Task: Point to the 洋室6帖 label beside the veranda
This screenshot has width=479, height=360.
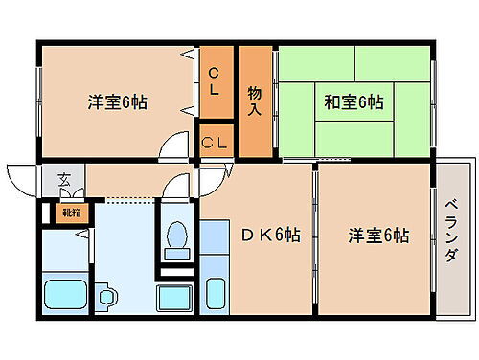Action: click(x=378, y=236)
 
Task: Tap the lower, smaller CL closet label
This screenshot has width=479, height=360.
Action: click(x=215, y=143)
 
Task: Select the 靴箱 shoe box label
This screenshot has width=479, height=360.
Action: click(x=71, y=213)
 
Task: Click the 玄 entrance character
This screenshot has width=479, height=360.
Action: click(x=63, y=177)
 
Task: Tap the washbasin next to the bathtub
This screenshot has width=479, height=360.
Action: click(x=105, y=297)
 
